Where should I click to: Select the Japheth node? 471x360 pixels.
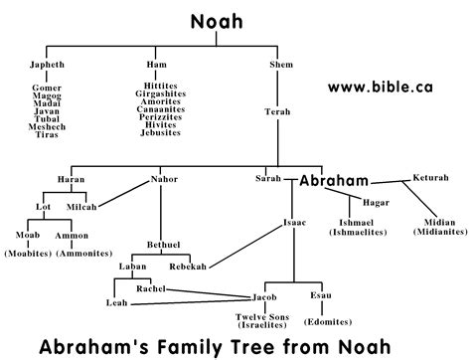[x=47, y=64]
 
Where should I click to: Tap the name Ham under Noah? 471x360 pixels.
[x=162, y=64]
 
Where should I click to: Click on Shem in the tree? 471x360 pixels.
[x=281, y=64]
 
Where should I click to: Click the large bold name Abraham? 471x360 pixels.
[x=335, y=181]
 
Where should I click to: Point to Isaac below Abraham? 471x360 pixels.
[x=295, y=222]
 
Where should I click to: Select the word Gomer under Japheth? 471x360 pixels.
[x=47, y=88]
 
